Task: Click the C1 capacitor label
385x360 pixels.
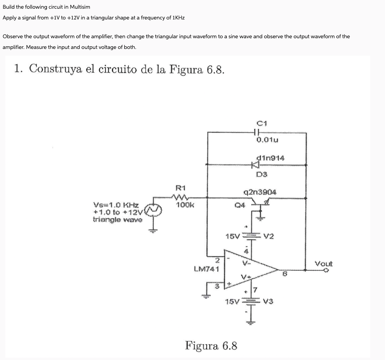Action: pyautogui.click(x=261, y=123)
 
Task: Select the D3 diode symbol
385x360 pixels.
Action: pyautogui.click(x=256, y=165)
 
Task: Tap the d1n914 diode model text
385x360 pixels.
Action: pyautogui.click(x=270, y=158)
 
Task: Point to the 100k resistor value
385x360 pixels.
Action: pyautogui.click(x=183, y=204)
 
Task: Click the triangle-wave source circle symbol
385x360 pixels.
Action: pyautogui.click(x=155, y=210)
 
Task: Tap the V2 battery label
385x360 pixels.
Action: pyautogui.click(x=268, y=237)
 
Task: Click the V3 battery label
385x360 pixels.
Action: pyautogui.click(x=268, y=301)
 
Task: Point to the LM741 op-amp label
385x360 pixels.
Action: pyautogui.click(x=207, y=268)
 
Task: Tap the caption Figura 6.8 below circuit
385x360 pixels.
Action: pyautogui.click(x=211, y=345)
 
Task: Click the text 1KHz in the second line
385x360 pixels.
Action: pyautogui.click(x=178, y=17)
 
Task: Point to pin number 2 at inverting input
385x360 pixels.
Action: pyautogui.click(x=217, y=260)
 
